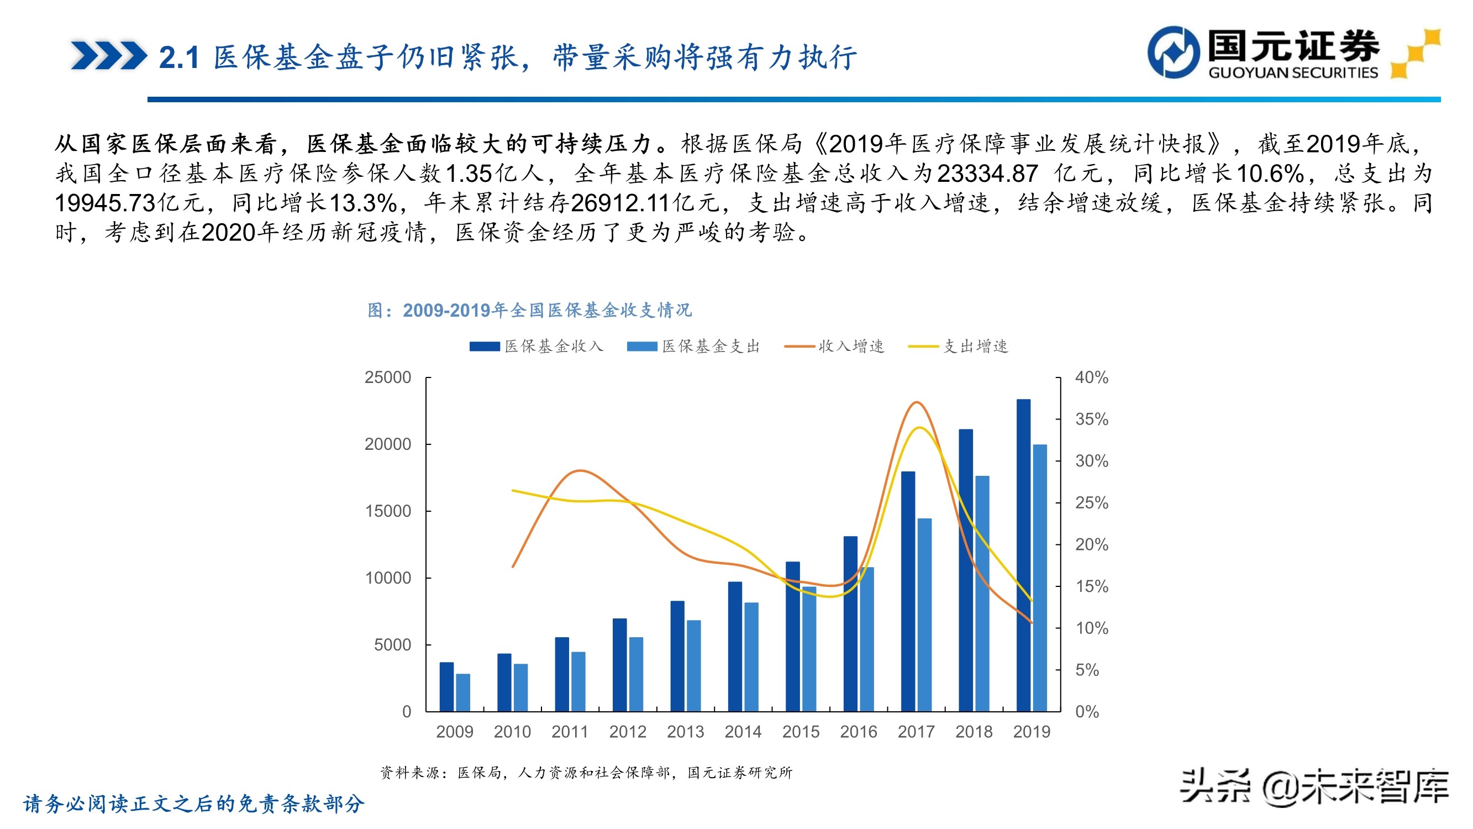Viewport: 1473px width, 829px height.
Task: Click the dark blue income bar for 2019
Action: pos(1023,555)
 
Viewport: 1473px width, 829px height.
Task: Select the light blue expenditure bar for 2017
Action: pos(924,615)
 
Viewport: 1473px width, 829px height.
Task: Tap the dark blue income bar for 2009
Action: pos(446,686)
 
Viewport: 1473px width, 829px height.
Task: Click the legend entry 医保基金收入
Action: pos(536,346)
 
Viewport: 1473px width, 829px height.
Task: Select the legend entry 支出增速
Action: pos(959,346)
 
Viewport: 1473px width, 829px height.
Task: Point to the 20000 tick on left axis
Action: pos(388,444)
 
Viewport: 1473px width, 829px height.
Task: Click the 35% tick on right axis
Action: pos(1091,419)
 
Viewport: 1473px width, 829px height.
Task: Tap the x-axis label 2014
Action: pos(743,732)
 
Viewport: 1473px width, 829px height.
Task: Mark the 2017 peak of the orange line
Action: pos(916,402)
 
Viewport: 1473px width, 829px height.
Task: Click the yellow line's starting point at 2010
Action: pos(513,490)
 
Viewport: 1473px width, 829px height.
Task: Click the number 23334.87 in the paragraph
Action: pos(987,174)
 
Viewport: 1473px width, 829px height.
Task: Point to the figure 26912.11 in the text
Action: pos(620,203)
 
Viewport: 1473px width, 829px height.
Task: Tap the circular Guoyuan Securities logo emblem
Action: pos(1174,52)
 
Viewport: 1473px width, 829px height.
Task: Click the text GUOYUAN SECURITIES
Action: pos(1293,72)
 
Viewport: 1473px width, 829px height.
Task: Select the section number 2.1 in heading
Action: pos(178,58)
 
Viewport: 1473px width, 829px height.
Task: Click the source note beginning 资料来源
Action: pos(586,773)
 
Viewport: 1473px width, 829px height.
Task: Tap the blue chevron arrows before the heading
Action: pos(109,55)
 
